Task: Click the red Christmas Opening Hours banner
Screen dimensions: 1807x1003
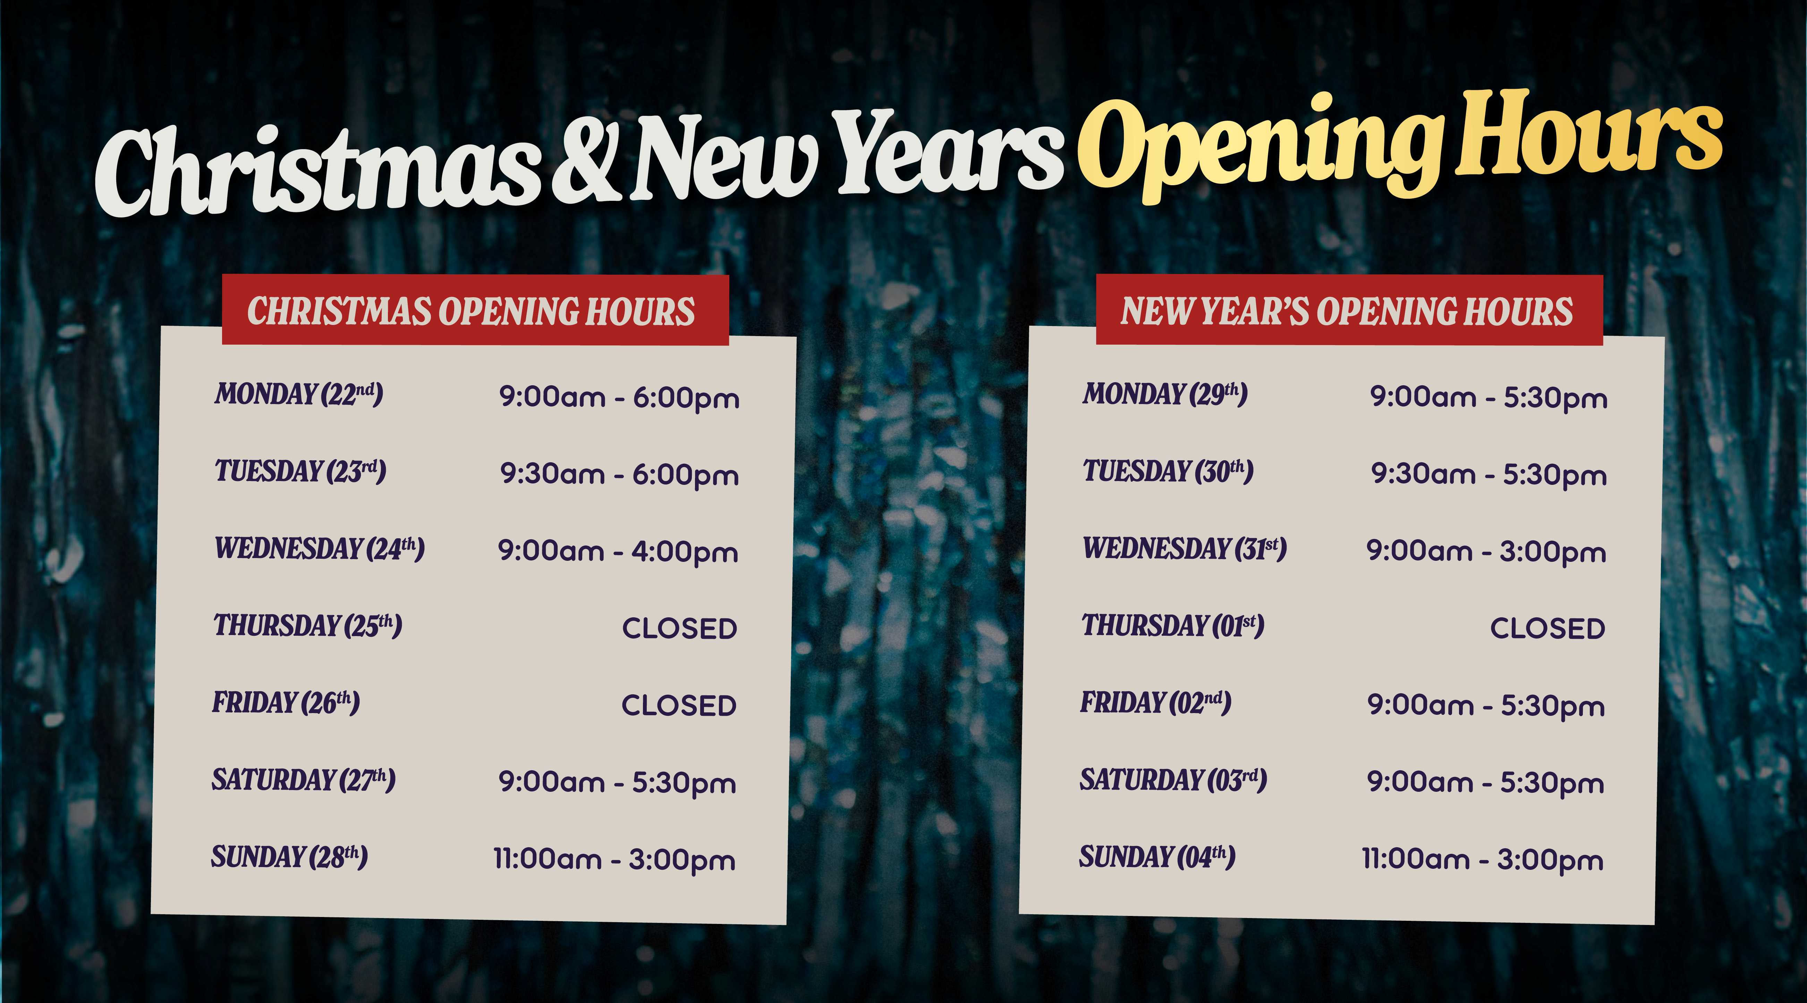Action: click(476, 310)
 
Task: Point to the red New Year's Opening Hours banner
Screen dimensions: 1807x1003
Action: click(1349, 310)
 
